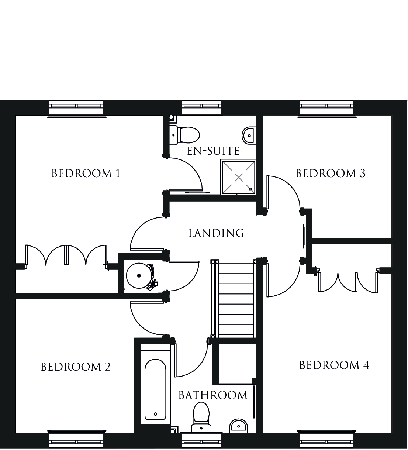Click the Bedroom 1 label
click(x=86, y=174)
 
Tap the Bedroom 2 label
click(x=76, y=367)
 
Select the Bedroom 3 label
click(x=331, y=174)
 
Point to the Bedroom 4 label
click(x=334, y=365)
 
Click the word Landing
click(x=216, y=233)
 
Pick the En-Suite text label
click(x=214, y=151)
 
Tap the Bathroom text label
click(x=213, y=395)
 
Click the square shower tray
click(x=239, y=177)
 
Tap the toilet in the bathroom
click(x=201, y=418)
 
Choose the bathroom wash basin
click(x=238, y=426)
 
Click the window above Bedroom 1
click(x=76, y=108)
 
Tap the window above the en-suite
click(x=201, y=108)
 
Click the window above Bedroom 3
click(x=326, y=108)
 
